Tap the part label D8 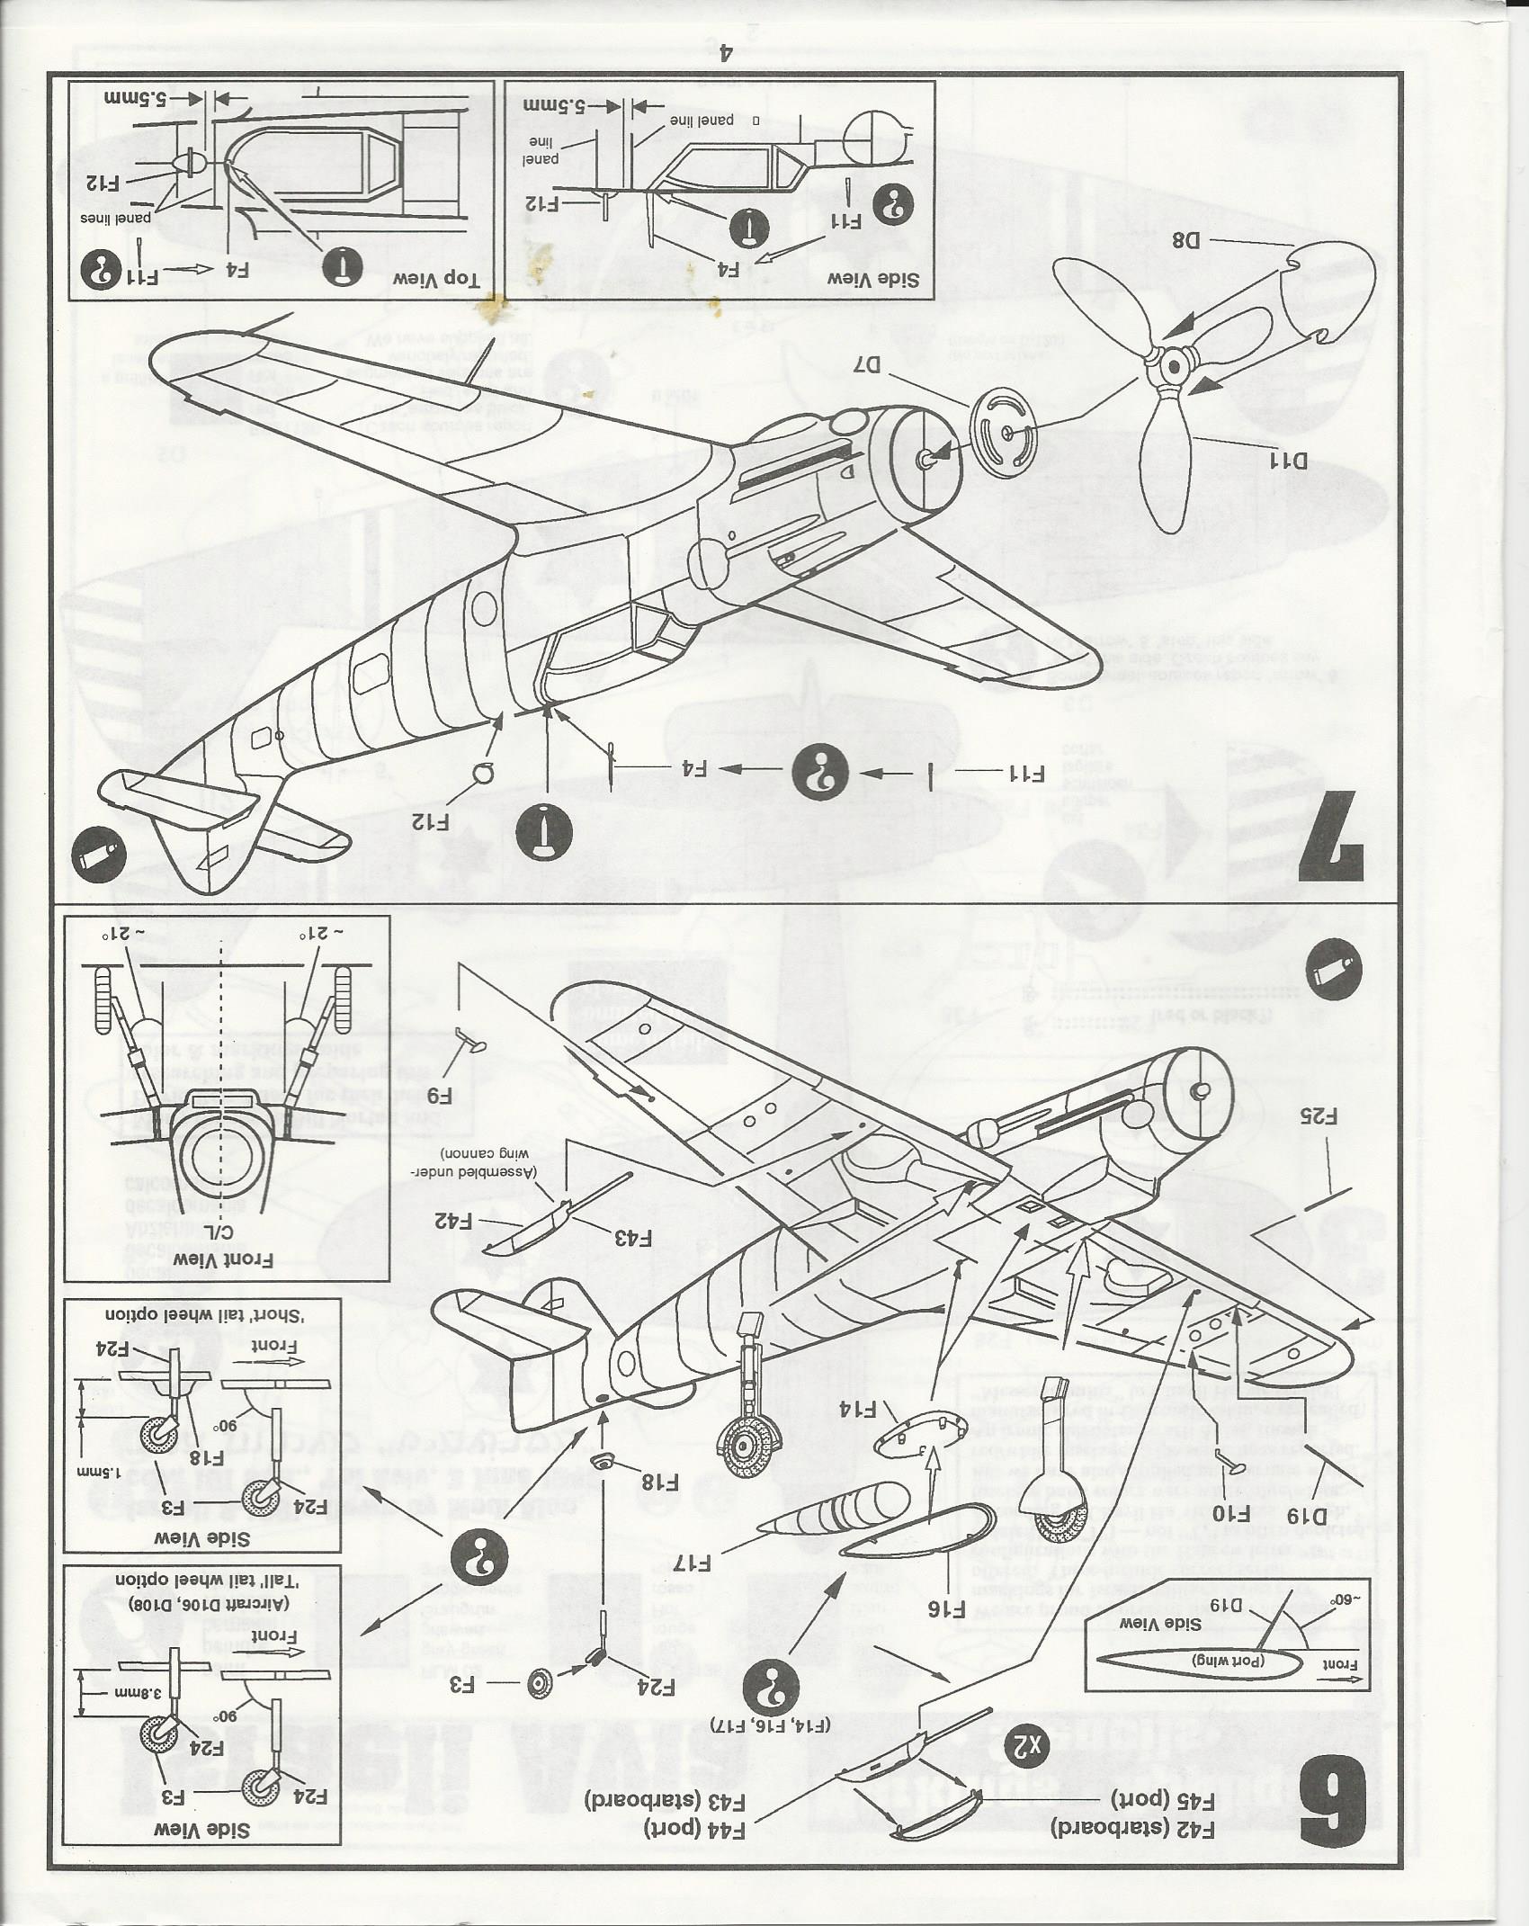click(1186, 241)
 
